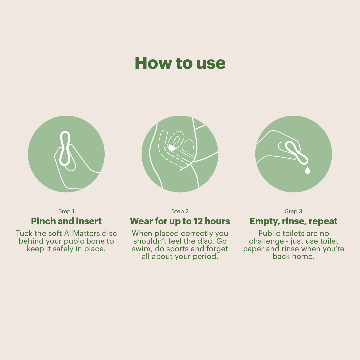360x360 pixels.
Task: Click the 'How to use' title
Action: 180,63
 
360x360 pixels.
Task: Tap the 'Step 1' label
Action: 66,211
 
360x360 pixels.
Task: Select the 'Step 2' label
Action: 180,211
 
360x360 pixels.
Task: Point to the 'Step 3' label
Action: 294,211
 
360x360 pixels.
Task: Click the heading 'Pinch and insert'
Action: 66,221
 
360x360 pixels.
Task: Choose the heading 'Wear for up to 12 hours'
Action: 180,221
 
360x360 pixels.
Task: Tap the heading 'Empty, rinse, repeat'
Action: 294,221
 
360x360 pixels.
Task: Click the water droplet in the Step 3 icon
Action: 307,170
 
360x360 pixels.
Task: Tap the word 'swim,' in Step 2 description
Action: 140,249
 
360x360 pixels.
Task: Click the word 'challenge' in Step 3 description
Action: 264,241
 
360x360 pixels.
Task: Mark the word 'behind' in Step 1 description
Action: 31,241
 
